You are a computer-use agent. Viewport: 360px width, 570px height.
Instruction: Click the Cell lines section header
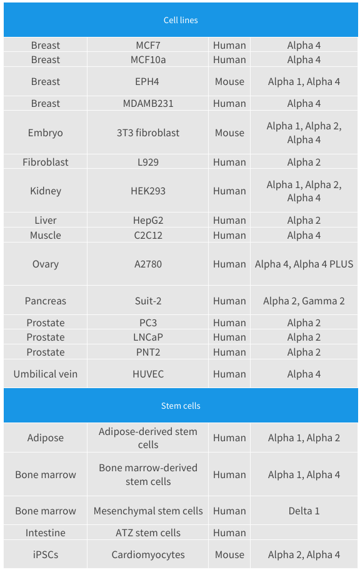(x=181, y=20)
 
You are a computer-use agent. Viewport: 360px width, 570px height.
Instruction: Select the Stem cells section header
(x=181, y=406)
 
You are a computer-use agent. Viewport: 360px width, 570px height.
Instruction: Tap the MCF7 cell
(x=148, y=46)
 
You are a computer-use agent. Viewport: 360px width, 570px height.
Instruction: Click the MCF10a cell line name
(x=148, y=59)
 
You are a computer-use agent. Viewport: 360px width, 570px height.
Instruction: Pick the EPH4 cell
(x=147, y=81)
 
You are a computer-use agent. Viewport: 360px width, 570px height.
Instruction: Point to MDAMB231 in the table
(x=148, y=103)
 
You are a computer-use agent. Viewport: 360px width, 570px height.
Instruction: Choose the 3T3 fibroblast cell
(x=148, y=132)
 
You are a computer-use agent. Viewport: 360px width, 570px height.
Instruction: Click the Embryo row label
(x=46, y=133)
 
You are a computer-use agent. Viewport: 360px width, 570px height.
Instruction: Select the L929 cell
(x=148, y=162)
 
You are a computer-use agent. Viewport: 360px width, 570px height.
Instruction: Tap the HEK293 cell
(x=148, y=191)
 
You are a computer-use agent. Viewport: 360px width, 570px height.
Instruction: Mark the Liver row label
(x=46, y=220)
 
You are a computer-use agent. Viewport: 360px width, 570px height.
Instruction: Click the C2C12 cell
(x=148, y=235)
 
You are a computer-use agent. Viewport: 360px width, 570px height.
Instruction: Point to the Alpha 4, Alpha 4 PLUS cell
(x=304, y=264)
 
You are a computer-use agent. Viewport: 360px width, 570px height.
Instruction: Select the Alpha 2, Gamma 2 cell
(x=304, y=301)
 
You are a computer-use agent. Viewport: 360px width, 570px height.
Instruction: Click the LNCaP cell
(x=148, y=337)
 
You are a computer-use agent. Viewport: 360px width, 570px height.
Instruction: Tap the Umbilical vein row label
(x=46, y=374)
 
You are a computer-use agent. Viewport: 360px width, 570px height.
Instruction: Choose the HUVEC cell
(x=148, y=374)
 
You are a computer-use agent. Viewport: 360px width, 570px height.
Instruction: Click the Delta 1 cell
(x=304, y=511)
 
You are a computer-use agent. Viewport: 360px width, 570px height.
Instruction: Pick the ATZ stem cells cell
(x=148, y=532)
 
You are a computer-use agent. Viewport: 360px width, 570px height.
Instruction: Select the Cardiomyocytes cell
(x=148, y=555)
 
